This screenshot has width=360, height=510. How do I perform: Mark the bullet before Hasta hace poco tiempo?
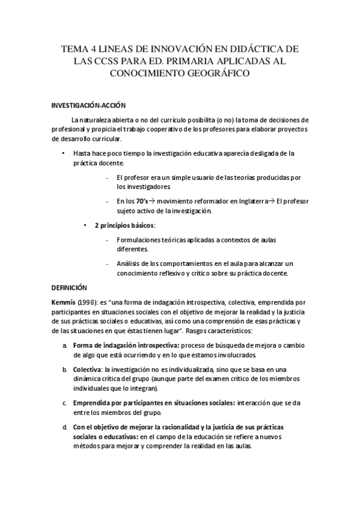[64, 153]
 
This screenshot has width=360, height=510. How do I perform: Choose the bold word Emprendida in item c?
[93, 402]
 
